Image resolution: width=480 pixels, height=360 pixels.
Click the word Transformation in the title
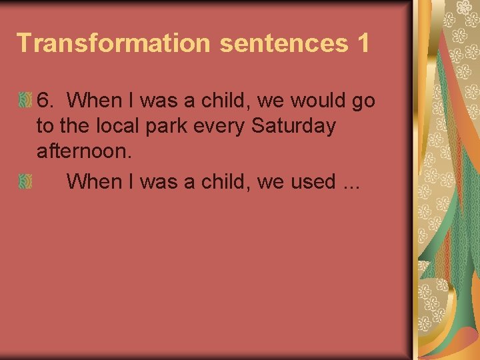pos(114,42)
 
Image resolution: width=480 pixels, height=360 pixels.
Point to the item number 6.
pos(45,101)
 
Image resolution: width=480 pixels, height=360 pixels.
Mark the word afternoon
pos(84,151)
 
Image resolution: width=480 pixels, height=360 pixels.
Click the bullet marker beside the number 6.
pos(25,101)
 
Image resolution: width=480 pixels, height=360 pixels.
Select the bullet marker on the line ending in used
pos(25,181)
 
